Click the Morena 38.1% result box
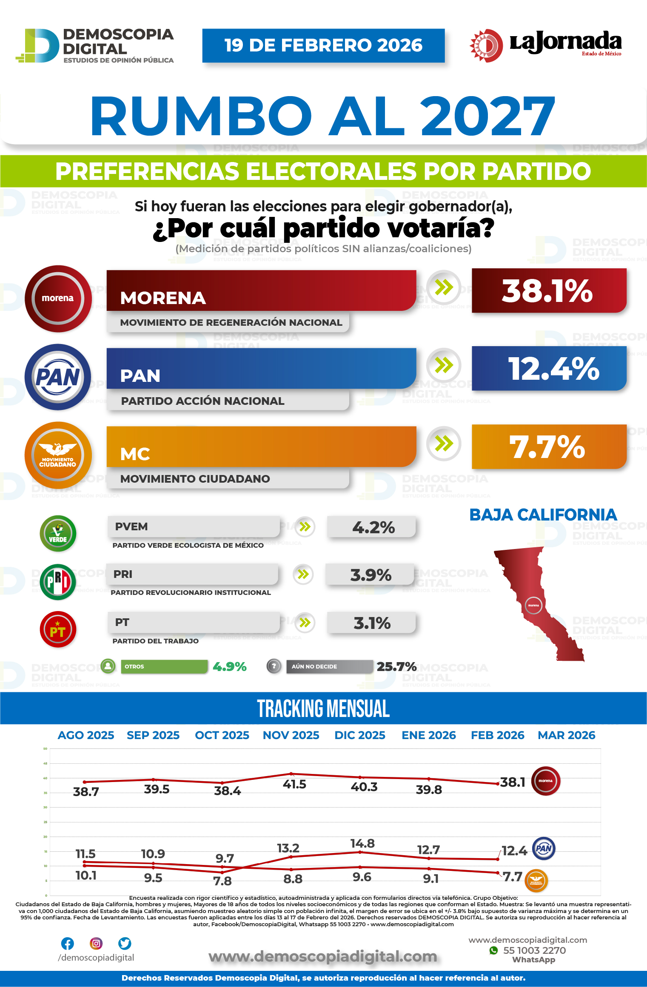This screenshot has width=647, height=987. click(x=549, y=291)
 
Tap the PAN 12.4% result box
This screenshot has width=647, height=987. click(x=549, y=369)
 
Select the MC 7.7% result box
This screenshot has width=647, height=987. click(x=549, y=447)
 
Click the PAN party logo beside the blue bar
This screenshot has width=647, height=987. click(x=58, y=377)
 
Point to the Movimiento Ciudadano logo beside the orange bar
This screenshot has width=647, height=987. click(x=58, y=455)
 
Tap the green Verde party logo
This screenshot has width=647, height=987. click(x=58, y=533)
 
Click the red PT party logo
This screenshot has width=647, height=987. click(x=58, y=630)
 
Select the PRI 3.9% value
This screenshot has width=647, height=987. click(x=371, y=575)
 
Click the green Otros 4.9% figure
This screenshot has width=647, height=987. click(x=230, y=666)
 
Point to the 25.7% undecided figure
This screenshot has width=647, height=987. click(x=396, y=666)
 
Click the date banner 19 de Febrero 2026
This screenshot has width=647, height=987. click(x=323, y=46)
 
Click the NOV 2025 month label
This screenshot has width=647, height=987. click(x=291, y=735)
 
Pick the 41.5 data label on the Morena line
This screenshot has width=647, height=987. click(x=294, y=784)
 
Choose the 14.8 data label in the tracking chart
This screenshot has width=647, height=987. click(x=362, y=843)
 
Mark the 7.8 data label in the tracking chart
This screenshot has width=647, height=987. click(x=222, y=881)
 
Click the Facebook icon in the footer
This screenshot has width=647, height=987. click(x=68, y=944)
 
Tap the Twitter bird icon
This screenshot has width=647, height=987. click(x=125, y=944)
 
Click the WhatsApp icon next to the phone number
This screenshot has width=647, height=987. click(x=493, y=950)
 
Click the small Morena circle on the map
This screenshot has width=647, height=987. click(x=533, y=605)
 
